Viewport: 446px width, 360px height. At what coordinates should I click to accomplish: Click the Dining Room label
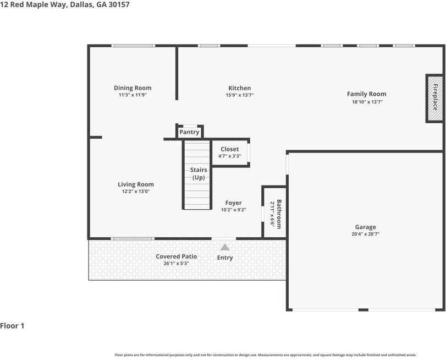coord(133,88)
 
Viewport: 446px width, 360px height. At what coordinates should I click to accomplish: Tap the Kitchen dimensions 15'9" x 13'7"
coord(240,95)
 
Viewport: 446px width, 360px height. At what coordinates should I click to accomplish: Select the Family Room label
coord(366,94)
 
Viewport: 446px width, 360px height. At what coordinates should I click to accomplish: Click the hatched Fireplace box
coord(434,98)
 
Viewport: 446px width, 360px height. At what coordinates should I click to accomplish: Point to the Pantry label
coord(189,132)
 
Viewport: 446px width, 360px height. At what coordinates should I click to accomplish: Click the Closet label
coord(229,149)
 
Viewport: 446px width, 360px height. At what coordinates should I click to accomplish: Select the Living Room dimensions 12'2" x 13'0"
coord(136,192)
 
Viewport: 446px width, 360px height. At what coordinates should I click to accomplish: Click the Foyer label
coord(233,203)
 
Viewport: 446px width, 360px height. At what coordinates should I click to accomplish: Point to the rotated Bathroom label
coord(279,214)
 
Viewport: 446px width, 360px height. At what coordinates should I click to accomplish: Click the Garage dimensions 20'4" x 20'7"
coord(365,234)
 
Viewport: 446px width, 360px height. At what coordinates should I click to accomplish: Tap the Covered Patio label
coord(176,257)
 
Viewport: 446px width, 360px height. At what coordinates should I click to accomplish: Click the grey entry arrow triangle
coord(224,247)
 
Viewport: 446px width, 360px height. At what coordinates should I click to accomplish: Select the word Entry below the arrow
coord(225,258)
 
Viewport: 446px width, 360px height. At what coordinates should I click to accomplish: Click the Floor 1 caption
coord(13,326)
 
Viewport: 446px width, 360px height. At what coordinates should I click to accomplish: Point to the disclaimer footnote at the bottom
coord(265,355)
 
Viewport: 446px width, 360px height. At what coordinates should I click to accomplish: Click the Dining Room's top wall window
coord(133,46)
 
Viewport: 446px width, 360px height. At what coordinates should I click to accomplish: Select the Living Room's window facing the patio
coord(133,238)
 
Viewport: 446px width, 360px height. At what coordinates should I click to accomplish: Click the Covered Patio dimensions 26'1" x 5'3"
coord(176,264)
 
